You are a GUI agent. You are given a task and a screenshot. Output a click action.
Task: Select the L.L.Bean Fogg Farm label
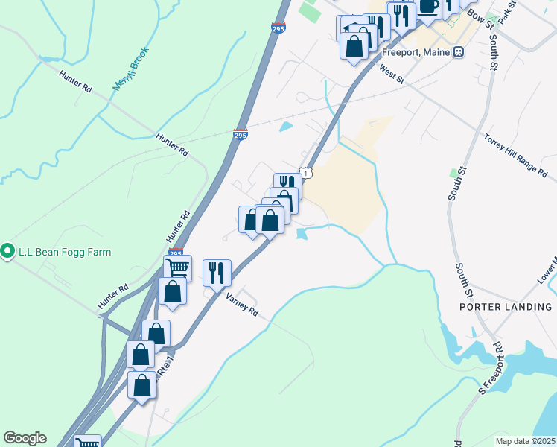pyautogui.click(x=66, y=252)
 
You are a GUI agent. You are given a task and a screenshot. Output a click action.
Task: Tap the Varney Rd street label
pyautogui.click(x=242, y=303)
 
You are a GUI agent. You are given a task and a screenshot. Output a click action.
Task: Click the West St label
pyautogui.click(x=391, y=73)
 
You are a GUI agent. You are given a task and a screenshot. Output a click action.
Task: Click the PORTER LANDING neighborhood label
pyautogui.click(x=505, y=307)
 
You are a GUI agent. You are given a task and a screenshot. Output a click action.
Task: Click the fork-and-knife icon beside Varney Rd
pyautogui.click(x=217, y=271)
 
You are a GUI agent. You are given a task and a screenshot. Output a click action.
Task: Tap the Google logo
pyautogui.click(x=25, y=438)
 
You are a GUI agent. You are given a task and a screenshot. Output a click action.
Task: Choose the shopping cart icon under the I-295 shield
pyautogui.click(x=177, y=267)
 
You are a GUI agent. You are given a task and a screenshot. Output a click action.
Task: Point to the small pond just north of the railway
pyautogui.click(x=285, y=127)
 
